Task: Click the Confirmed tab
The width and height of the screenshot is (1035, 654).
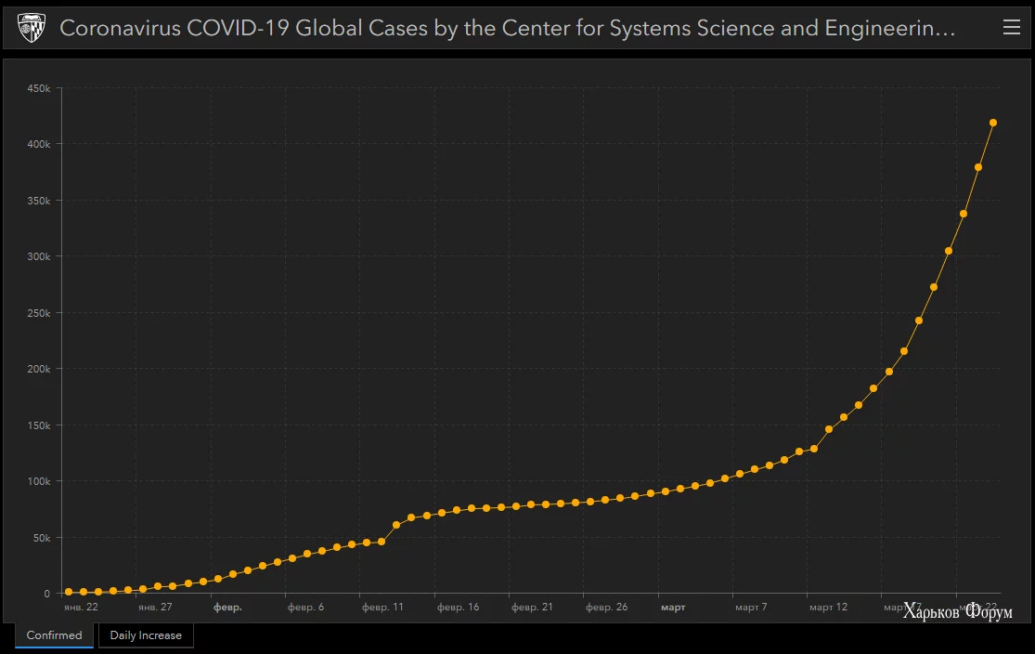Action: coord(54,635)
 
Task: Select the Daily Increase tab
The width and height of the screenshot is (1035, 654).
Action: coord(146,635)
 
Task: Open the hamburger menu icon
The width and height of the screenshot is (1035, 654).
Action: coord(1012,28)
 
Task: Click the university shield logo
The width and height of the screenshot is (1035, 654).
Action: coord(32,29)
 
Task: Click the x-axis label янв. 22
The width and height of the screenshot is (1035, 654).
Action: coord(81,608)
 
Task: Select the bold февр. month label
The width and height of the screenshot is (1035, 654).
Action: coord(227,608)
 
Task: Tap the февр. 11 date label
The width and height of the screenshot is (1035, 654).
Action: coord(382,608)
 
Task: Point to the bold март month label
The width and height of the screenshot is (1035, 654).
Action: coord(673,608)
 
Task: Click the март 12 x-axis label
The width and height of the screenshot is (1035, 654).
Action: coord(828,608)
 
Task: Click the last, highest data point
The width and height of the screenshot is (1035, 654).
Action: coord(993,123)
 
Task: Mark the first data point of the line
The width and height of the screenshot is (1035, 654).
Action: coord(69,592)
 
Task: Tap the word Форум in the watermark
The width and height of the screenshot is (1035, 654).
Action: coord(990,612)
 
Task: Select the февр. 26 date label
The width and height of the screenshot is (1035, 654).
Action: coord(606,608)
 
